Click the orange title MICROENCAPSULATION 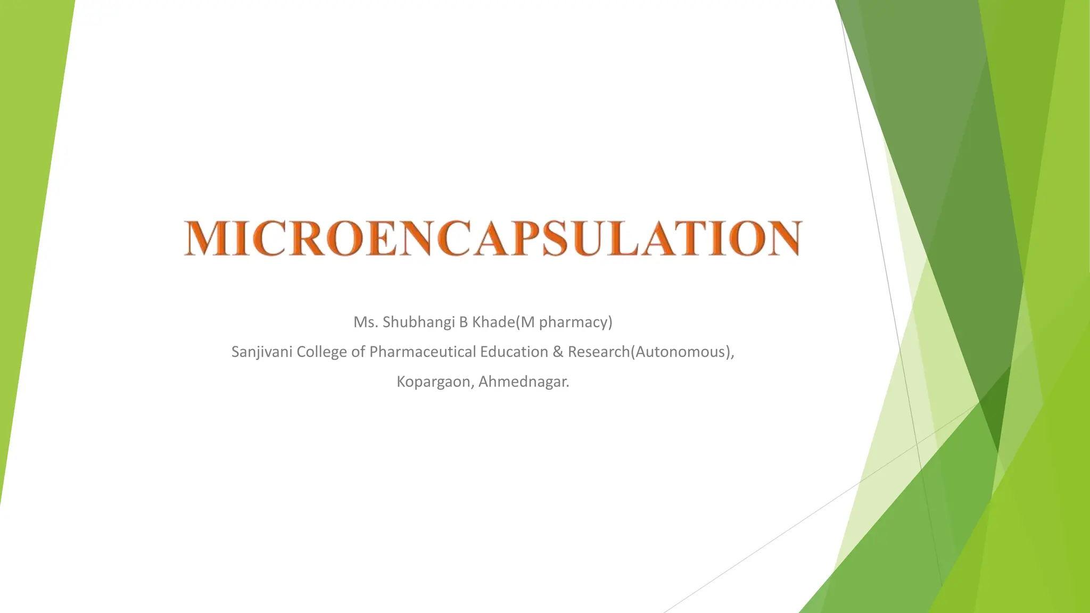click(492, 238)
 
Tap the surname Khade click(493, 322)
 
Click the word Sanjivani click(261, 352)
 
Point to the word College click(321, 352)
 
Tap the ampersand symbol click(558, 352)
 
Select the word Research click(598, 352)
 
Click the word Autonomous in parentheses click(681, 352)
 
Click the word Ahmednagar click(523, 382)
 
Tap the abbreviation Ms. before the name click(366, 322)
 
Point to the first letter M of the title click(203, 238)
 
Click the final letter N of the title click(783, 238)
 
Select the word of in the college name click(358, 352)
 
